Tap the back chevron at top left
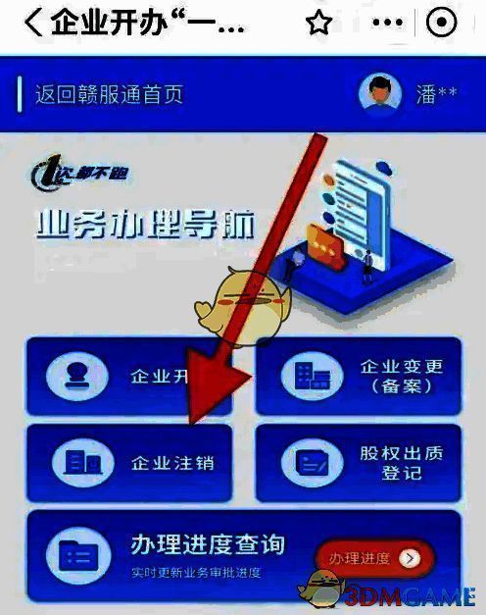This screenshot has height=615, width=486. [33, 24]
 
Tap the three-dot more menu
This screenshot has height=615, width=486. [389, 24]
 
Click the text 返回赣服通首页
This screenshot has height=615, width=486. [110, 95]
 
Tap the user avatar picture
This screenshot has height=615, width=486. [380, 93]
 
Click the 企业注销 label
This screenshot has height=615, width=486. [172, 462]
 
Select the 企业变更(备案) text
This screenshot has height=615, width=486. [402, 377]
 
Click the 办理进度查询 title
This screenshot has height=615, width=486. [208, 545]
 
